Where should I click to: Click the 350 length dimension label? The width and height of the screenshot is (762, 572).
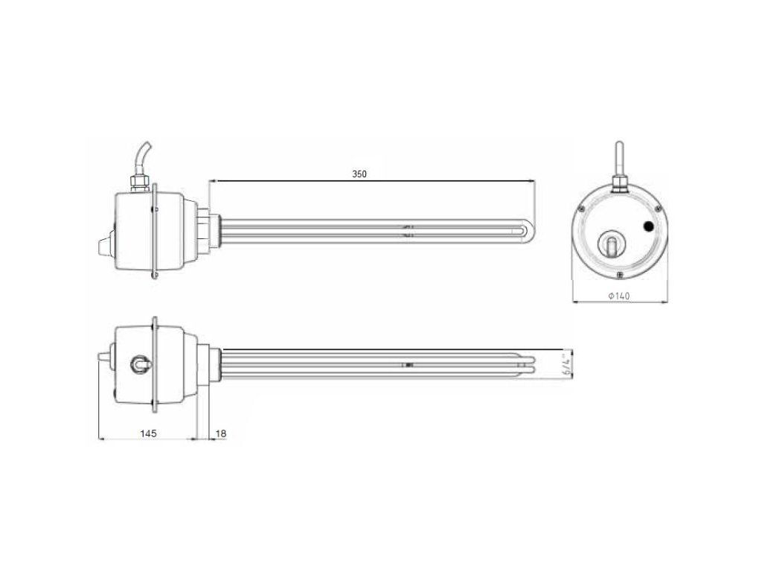[x=359, y=174]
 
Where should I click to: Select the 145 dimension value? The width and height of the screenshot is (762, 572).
[x=148, y=433]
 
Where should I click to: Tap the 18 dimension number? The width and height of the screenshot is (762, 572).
[x=220, y=433]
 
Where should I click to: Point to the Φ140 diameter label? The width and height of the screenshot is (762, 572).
[x=619, y=295]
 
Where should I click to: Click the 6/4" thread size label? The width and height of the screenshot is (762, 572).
[x=566, y=364]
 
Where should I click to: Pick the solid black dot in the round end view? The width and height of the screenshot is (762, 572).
[x=648, y=226]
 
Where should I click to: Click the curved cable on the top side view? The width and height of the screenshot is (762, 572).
[x=142, y=160]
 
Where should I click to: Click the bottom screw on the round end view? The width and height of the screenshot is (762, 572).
[x=619, y=276]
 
